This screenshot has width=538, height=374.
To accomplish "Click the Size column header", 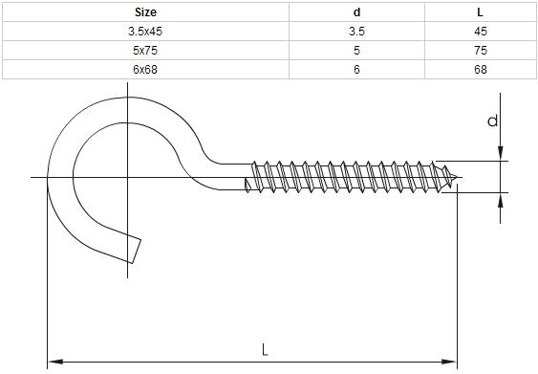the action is pos(145,12).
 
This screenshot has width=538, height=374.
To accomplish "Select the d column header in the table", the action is pos(356,12).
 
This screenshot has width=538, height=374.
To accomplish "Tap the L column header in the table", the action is pos(480,12).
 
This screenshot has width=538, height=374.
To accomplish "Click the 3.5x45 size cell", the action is pos(145,32).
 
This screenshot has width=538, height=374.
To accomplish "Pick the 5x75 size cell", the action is pos(145,51).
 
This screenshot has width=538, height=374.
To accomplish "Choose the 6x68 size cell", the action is pos(145,70).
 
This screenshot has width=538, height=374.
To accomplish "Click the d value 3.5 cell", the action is pos(356,32).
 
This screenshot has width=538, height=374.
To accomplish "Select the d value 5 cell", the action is pos(356,51).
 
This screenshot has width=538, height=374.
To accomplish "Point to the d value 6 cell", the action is pos(356,70).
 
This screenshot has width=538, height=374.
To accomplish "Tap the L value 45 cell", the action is pos(481,32).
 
